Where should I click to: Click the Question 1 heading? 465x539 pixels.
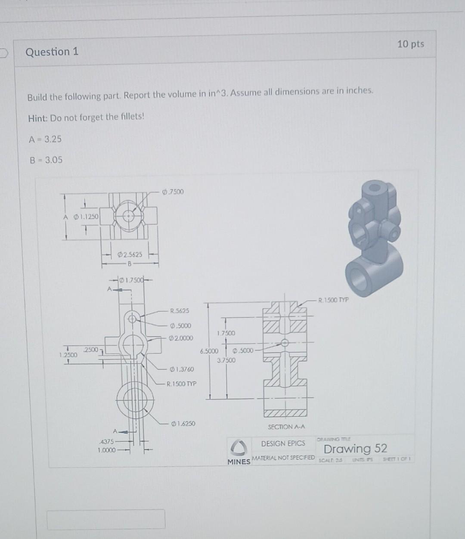point(52,52)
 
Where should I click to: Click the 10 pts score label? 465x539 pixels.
point(410,44)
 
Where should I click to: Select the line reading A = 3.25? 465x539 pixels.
point(45,139)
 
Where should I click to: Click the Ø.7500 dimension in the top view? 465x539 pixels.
point(173,192)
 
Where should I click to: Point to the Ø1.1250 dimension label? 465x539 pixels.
point(86,217)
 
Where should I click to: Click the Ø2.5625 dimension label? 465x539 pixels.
point(130,254)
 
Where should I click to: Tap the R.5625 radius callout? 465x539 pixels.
point(180,310)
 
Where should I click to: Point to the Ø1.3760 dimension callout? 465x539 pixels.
point(182,369)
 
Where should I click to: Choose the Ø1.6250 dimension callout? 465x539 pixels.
point(183,424)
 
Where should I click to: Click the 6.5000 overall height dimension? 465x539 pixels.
point(209,351)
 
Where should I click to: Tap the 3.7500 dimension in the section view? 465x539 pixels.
point(226,360)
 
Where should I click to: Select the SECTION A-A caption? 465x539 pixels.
point(286,427)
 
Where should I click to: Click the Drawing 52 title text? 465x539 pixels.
point(355,449)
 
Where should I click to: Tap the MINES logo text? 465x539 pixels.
point(239,462)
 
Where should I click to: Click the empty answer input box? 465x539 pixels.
point(106,519)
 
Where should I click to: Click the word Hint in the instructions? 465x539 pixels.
point(37,118)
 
